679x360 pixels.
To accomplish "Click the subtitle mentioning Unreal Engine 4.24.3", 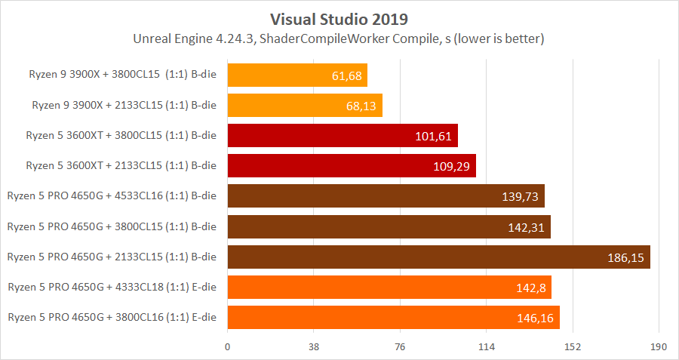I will point(339,38).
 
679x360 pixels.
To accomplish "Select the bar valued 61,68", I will point(297,75).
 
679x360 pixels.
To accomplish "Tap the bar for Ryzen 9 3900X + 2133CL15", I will point(305,106).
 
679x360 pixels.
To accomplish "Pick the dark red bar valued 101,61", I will point(343,136).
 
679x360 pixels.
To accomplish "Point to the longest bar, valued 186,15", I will point(438,257).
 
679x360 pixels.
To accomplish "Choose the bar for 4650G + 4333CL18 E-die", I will point(389,288).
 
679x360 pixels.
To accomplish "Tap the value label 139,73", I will point(520,196).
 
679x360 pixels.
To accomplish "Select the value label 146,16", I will point(535,318).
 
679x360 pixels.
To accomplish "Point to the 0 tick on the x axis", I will point(227,347).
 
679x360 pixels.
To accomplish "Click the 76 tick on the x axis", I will point(400,347).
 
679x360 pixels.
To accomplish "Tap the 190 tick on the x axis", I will point(659,347).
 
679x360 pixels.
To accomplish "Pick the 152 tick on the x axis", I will point(573,347).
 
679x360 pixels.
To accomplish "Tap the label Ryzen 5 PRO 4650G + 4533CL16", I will point(112,195).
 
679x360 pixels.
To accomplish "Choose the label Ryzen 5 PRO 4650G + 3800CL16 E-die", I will point(112,317).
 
